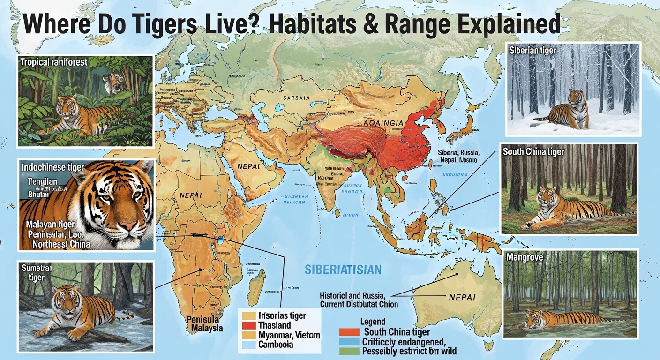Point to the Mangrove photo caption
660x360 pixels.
click(x=524, y=258)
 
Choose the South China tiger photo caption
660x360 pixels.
click(x=533, y=152)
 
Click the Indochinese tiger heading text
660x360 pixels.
click(x=52, y=167)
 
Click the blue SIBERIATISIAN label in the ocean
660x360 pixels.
click(x=343, y=270)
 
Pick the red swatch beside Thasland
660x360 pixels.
click(x=248, y=325)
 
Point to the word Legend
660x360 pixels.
click(x=373, y=322)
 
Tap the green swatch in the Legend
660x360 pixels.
click(x=349, y=351)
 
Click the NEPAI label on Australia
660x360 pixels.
click(x=462, y=297)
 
